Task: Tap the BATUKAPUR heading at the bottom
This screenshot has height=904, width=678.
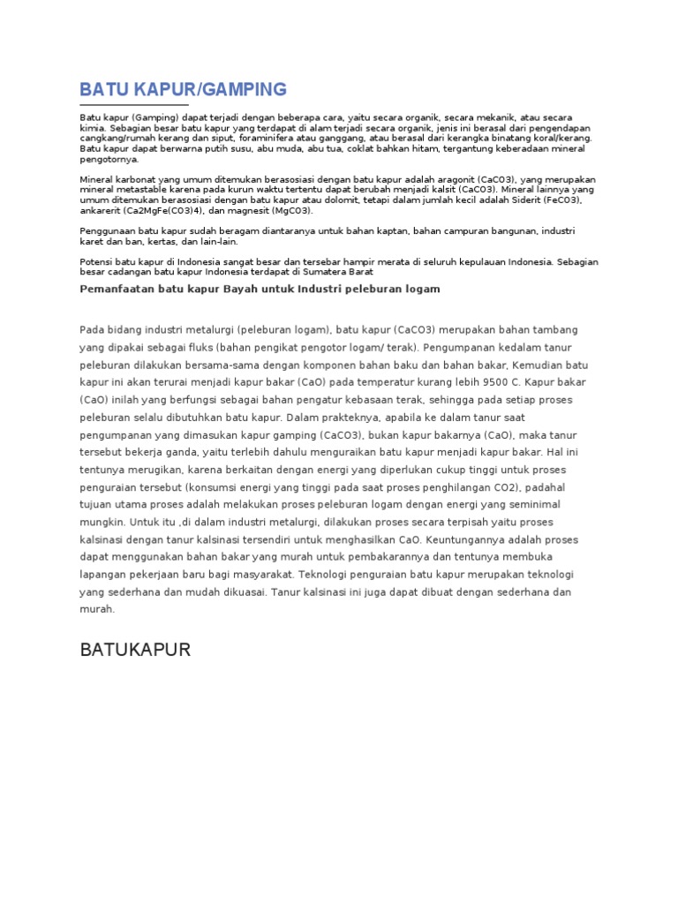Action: (135, 651)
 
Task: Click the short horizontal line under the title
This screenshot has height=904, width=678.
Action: (134, 104)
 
